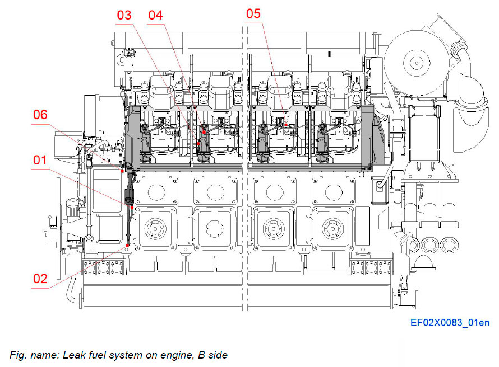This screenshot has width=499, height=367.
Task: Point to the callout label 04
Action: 155,15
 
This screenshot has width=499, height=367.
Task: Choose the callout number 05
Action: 253,13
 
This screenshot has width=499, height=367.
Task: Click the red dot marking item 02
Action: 128,244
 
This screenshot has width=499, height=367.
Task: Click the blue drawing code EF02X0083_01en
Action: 450,323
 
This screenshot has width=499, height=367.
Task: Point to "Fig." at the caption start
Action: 18,355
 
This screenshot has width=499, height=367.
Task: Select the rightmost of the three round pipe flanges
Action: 447,244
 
